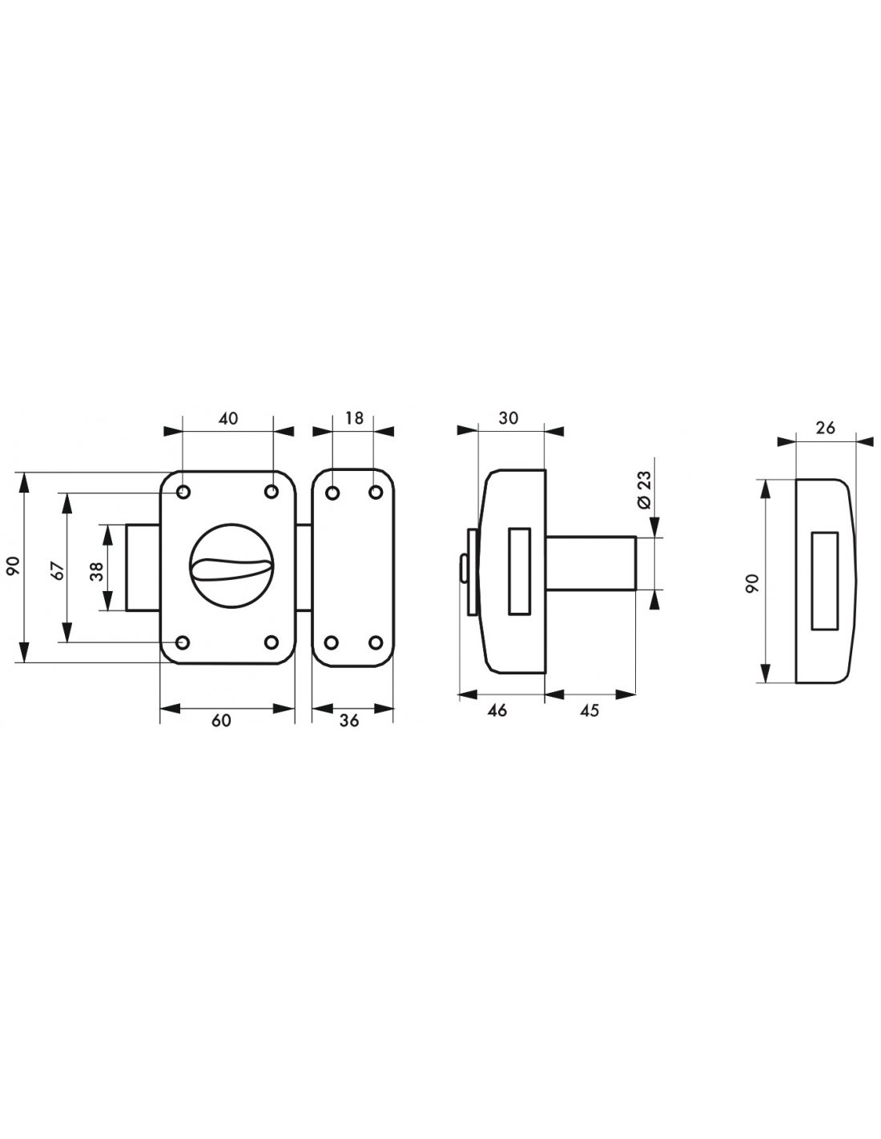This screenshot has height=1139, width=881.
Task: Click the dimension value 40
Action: [227, 418]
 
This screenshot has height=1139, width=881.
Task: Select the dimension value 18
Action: [354, 417]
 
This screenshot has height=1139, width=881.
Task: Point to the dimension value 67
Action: [55, 569]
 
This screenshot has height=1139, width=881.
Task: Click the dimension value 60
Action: [222, 720]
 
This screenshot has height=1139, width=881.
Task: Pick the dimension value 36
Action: [348, 720]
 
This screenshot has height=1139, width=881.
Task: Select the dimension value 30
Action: [508, 417]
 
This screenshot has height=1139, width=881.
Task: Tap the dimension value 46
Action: [497, 710]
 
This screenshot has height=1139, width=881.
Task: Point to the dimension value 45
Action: [589, 710]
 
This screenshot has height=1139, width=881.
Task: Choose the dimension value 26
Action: [825, 428]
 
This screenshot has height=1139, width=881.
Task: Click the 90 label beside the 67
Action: [13, 567]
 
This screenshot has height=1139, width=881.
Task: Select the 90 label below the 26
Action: [751, 582]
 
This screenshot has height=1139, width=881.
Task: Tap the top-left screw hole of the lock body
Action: [183, 491]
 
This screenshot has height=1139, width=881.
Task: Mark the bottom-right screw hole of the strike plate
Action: [375, 642]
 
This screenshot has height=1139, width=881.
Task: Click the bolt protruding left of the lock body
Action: [143, 567]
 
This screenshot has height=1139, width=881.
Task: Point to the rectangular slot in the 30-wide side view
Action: [519, 570]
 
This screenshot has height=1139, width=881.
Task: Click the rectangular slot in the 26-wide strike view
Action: [824, 582]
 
